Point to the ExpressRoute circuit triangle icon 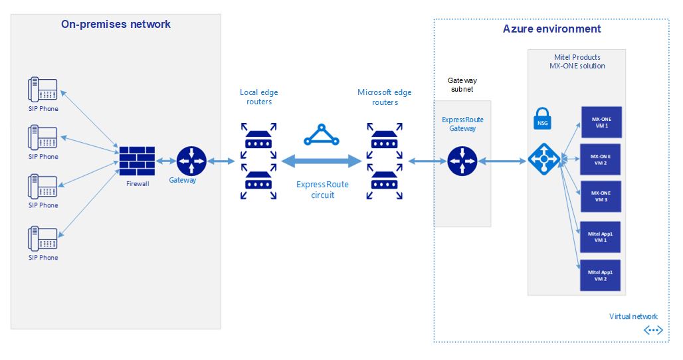pos(321,135)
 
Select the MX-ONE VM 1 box pos(601,122)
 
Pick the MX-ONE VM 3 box pos(601,196)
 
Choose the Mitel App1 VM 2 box pos(601,276)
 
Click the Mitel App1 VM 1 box pos(601,236)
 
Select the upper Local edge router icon pos(256,140)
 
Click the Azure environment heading pos(551,29)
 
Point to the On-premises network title pos(116,25)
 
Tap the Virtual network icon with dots pos(652,330)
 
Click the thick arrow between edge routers pos(321,161)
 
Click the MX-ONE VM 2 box pos(601,159)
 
